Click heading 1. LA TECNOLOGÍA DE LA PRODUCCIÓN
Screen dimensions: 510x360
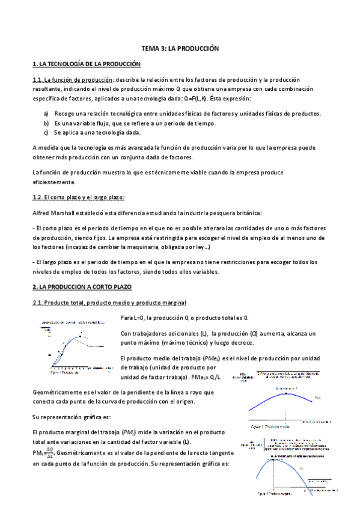pyautogui.click(x=86, y=63)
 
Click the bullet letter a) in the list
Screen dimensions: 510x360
pyautogui.click(x=46, y=114)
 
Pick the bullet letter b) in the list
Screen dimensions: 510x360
pyautogui.click(x=46, y=123)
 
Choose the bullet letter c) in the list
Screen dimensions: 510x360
pyautogui.click(x=46, y=132)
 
